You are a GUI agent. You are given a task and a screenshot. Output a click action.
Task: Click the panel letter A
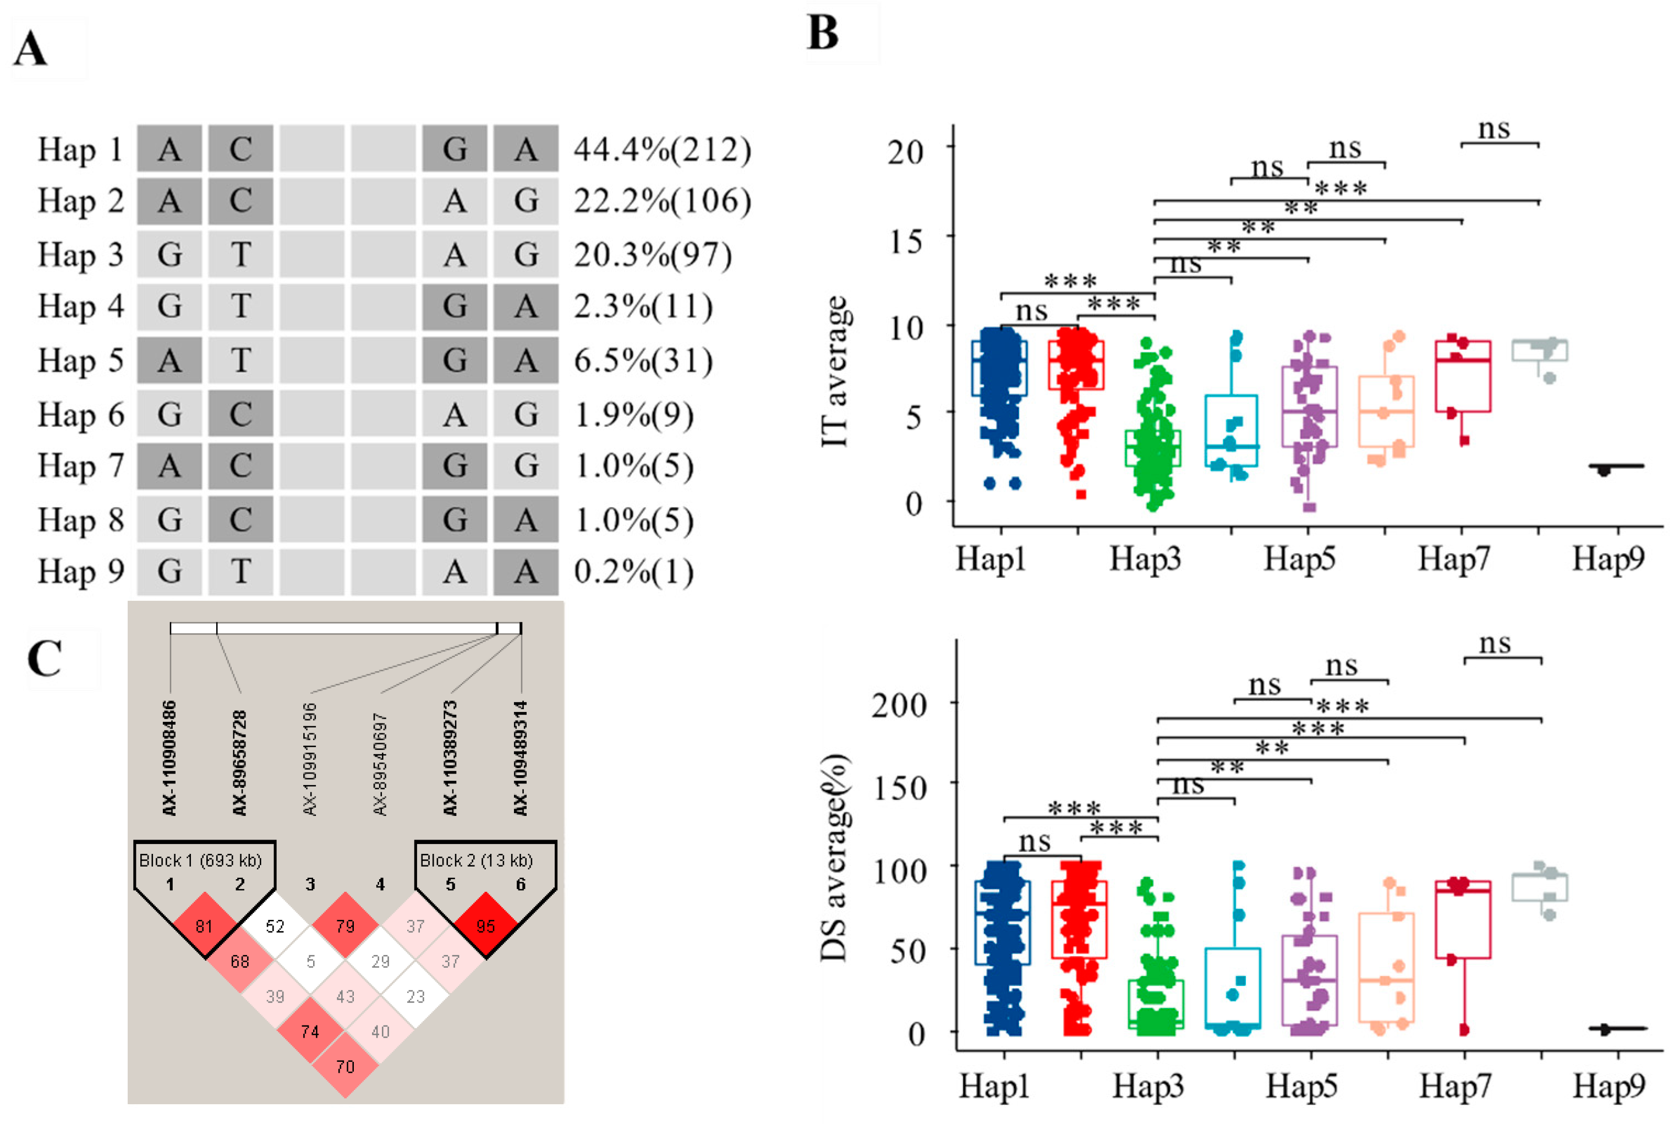(31, 50)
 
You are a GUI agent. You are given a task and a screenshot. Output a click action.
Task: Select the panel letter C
(45, 658)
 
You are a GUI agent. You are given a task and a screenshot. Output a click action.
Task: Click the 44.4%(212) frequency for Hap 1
(661, 150)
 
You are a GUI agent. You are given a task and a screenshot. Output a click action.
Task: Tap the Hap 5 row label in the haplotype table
(80, 360)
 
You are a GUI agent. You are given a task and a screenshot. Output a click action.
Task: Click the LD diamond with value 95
(486, 926)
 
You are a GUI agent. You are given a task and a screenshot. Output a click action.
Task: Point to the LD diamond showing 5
(310, 961)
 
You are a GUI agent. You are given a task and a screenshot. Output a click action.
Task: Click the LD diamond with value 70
(345, 1067)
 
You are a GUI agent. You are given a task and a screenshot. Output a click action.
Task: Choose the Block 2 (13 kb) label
(476, 860)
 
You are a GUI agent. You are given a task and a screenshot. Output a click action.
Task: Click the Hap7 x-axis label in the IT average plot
(1453, 558)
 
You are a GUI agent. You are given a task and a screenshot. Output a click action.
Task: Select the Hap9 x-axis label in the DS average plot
(1609, 1086)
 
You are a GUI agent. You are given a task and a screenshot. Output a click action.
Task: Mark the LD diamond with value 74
(310, 1032)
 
